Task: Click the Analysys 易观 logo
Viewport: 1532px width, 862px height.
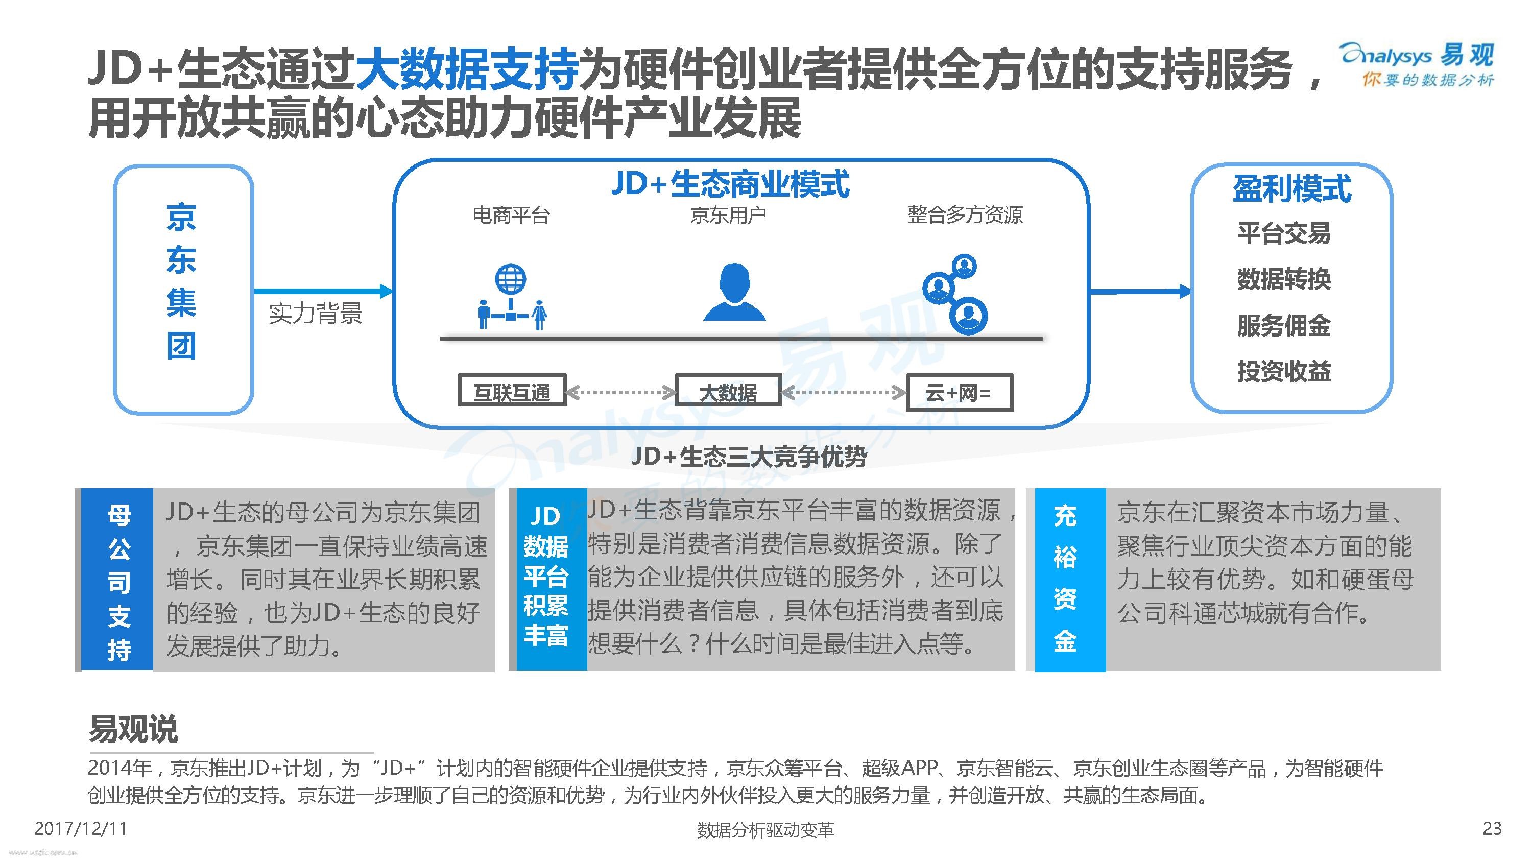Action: [x=1416, y=64]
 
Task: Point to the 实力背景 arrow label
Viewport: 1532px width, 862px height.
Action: [x=315, y=314]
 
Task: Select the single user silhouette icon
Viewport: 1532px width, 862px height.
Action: [x=734, y=292]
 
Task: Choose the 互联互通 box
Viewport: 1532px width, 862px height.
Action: [x=512, y=391]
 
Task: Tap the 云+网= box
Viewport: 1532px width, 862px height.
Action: [x=959, y=393]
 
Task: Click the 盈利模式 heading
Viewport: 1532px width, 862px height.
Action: [x=1292, y=189]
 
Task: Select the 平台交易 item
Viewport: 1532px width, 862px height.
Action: [x=1284, y=233]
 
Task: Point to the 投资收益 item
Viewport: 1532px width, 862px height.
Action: [x=1284, y=371]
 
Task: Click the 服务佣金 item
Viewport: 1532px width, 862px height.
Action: [x=1284, y=325]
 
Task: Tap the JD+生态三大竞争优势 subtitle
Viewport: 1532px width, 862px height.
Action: [x=749, y=457]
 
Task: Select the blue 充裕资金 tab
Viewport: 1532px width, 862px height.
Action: [x=1070, y=580]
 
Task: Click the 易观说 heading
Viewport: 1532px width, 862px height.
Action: [x=133, y=729]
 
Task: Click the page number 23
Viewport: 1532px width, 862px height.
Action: [x=1492, y=829]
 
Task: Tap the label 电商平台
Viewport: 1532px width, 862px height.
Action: [x=511, y=215]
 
